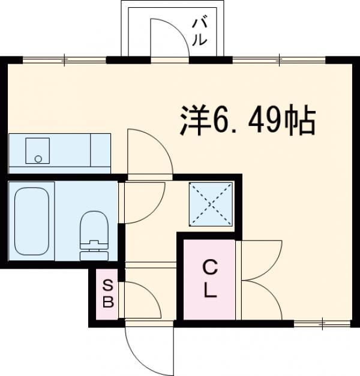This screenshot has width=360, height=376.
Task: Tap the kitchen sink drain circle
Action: point(38,159)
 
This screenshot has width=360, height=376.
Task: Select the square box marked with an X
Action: point(210,204)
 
